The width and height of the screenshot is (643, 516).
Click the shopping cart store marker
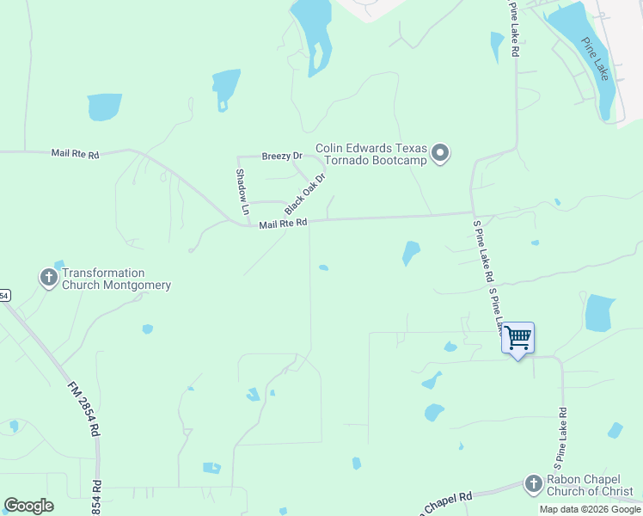[x=518, y=338]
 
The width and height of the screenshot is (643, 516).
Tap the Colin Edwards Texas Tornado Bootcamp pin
[x=441, y=154]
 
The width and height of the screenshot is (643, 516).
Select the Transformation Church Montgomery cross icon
[x=48, y=278]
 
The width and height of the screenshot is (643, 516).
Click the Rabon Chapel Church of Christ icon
[x=533, y=485]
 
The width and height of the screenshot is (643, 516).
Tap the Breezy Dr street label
[x=282, y=156]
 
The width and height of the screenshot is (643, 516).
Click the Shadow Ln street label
[x=242, y=191]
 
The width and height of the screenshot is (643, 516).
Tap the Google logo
[x=28, y=506]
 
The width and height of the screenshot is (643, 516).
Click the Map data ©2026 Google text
[x=590, y=509]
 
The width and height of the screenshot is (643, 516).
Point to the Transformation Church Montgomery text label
[x=115, y=279]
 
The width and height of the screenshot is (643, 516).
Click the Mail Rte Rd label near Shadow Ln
[x=283, y=224]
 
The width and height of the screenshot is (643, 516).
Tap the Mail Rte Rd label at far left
[x=75, y=154]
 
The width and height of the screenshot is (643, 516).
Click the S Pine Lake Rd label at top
[x=514, y=29]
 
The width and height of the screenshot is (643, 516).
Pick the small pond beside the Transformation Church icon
[x=59, y=264]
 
